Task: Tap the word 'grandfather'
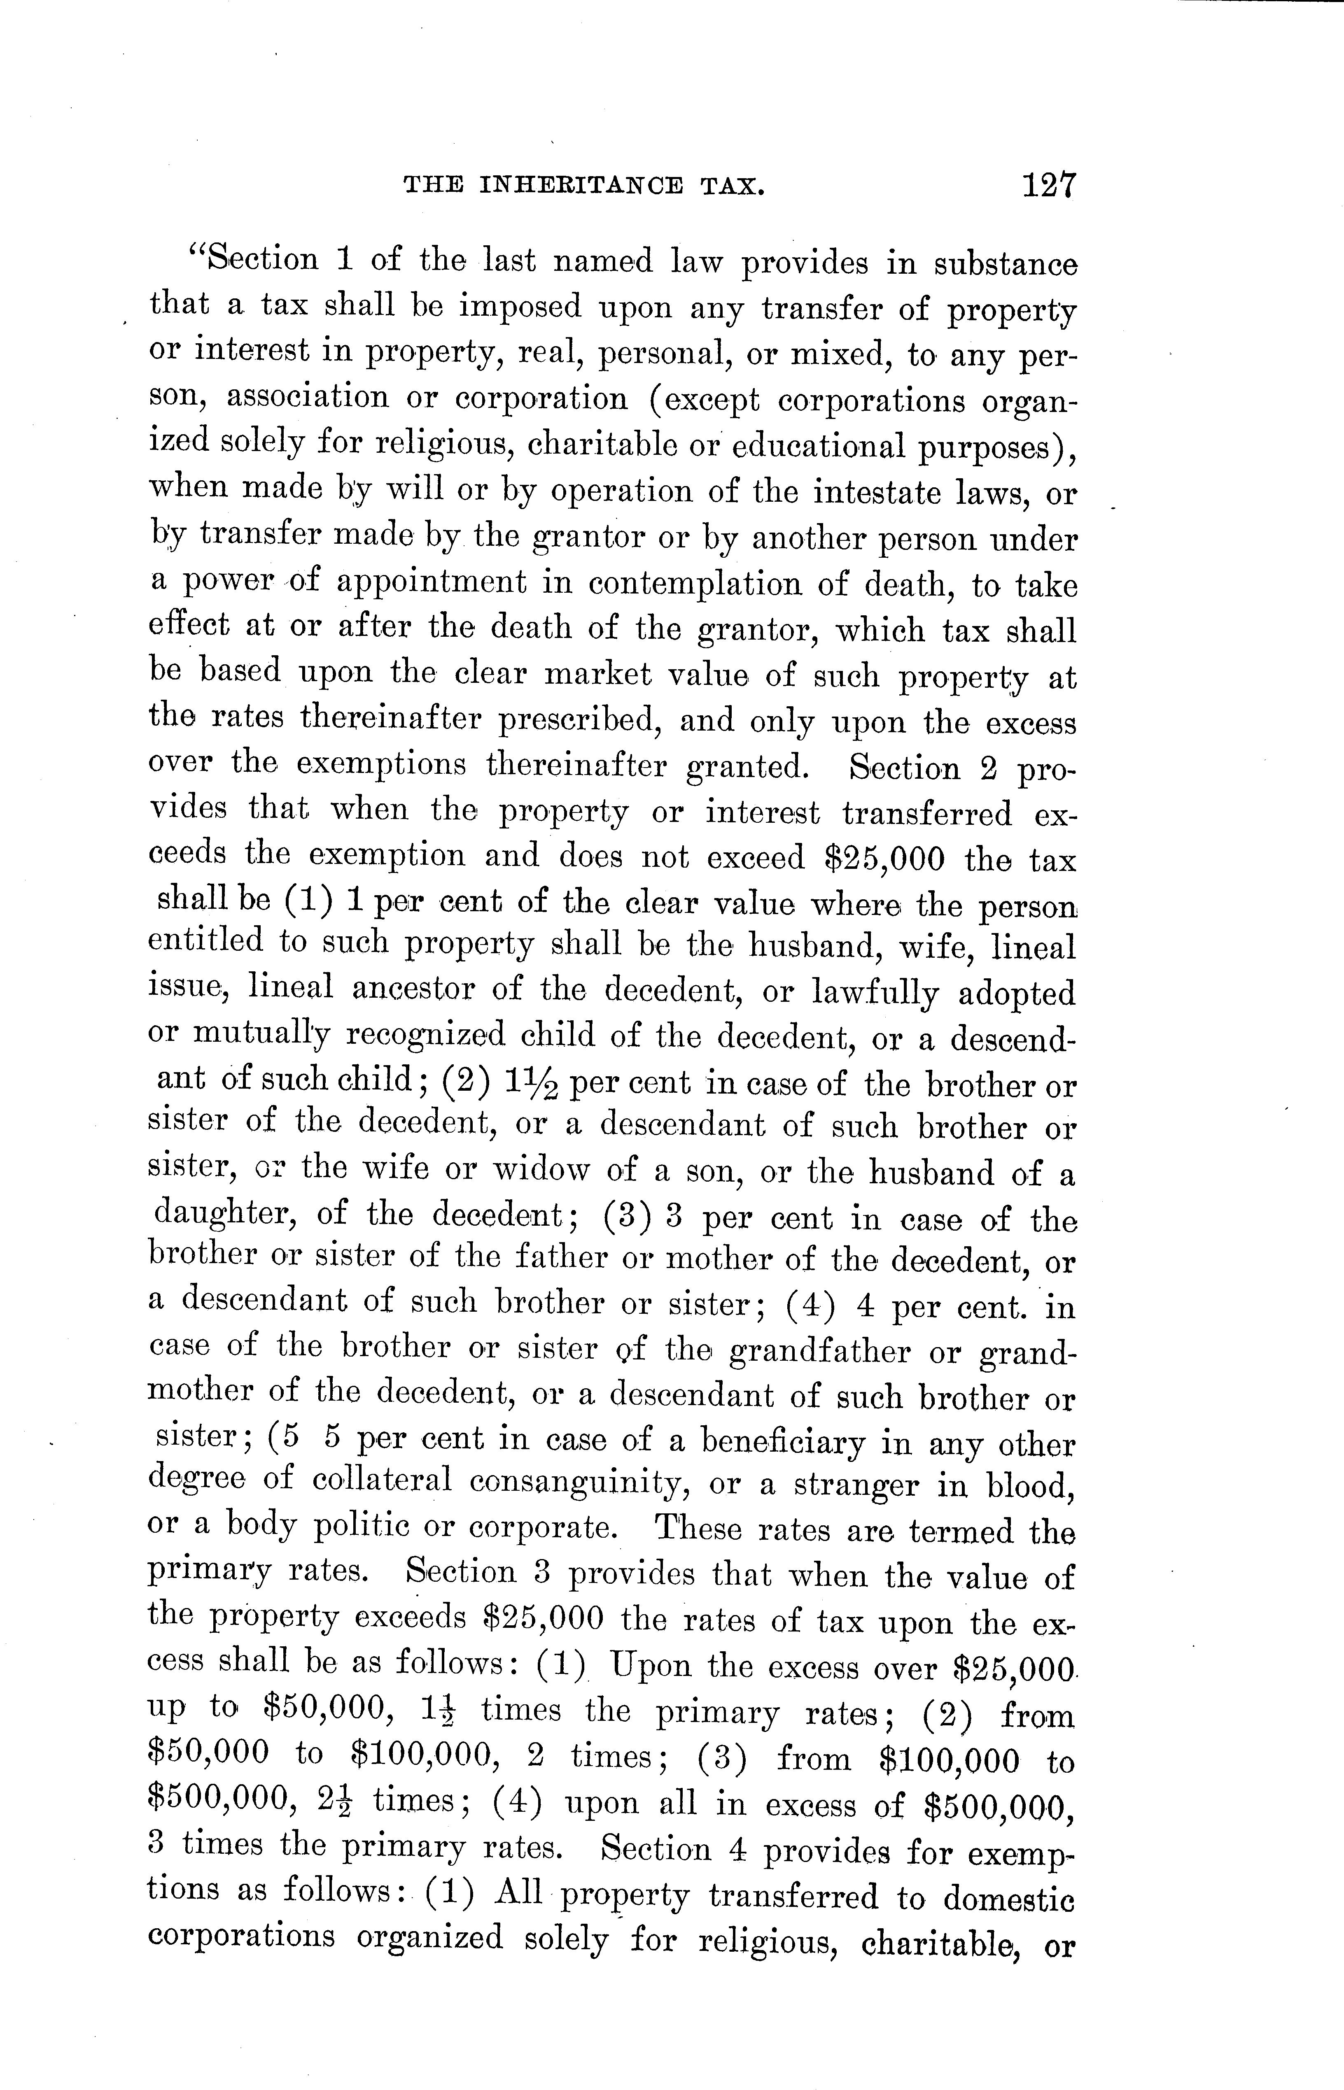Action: pyautogui.click(x=819, y=1352)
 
